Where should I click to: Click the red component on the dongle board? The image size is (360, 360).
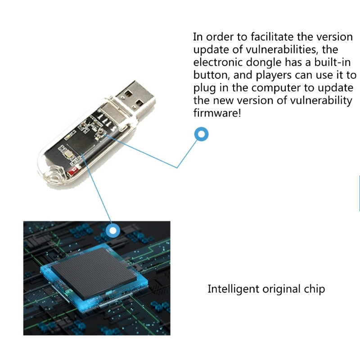click(74, 170)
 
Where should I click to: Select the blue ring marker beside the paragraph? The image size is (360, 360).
click(201, 134)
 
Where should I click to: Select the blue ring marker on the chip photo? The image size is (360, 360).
click(113, 231)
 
